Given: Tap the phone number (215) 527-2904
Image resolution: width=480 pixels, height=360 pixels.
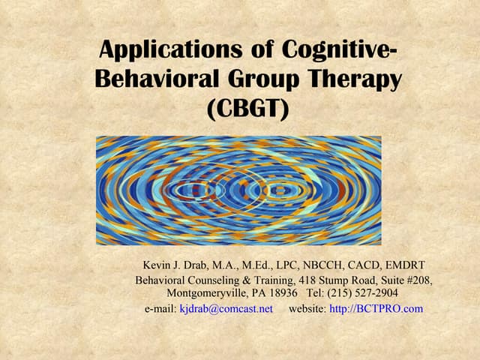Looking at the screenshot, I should [x=365, y=292].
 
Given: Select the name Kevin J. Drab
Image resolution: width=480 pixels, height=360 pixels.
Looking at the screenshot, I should [x=175, y=265].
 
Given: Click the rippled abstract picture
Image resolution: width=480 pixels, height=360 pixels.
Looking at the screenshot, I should [x=238, y=190].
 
